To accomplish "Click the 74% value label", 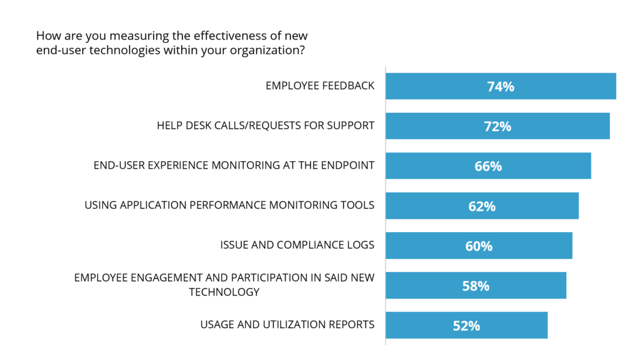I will (500, 87).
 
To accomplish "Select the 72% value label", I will (497, 126).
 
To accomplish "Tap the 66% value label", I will (488, 166).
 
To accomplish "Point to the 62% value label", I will (481, 206).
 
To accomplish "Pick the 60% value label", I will (478, 246).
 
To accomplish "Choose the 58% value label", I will (475, 286).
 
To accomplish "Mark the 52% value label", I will (466, 326).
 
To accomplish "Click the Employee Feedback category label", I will (320, 85).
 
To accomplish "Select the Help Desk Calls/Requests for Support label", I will (265, 125).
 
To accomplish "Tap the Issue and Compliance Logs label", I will (297, 245).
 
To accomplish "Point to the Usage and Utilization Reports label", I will (287, 324).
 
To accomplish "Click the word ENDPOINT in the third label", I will (348, 165).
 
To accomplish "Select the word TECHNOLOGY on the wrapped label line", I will (224, 292).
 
